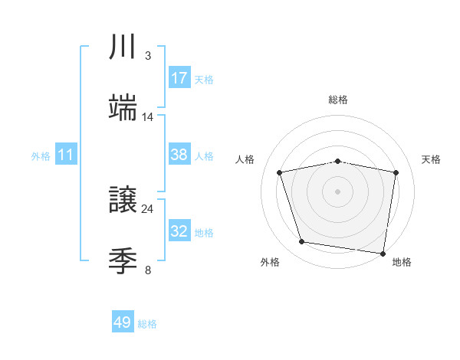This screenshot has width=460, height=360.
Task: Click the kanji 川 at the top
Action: coord(123,47)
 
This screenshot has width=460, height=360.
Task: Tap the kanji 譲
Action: coord(123,199)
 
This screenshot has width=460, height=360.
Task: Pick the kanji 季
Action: coord(123,260)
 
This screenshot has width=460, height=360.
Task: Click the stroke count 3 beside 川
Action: coord(147,56)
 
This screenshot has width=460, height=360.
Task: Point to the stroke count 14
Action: coord(147,117)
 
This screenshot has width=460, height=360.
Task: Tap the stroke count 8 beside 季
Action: coord(147,270)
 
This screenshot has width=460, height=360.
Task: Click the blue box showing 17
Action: coord(179,77)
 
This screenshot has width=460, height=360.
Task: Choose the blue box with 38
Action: coord(179,154)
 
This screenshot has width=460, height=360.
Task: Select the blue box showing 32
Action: coord(179,231)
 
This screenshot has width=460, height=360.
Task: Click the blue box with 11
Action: coord(66,155)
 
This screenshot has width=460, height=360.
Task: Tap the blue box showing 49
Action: coord(123,322)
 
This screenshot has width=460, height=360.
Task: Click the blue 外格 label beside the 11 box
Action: coord(41,156)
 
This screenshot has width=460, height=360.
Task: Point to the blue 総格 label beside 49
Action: coord(147,324)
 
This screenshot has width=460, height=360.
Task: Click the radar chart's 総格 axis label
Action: coord(338,100)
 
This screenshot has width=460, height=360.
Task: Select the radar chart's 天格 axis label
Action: coord(431,159)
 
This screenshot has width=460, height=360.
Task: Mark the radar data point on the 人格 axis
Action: coord(280,172)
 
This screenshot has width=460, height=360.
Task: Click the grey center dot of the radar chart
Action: coord(338,191)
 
